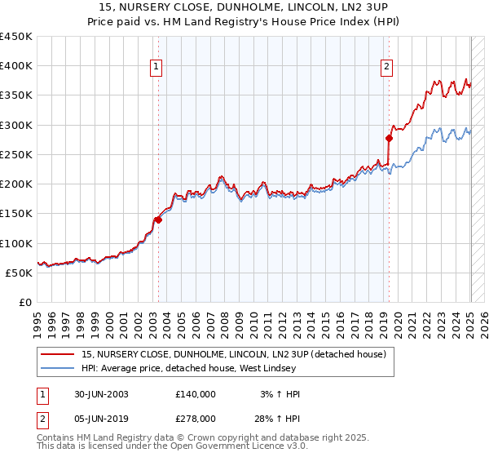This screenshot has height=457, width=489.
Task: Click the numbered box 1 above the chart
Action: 156,68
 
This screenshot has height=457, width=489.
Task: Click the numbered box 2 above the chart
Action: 386,68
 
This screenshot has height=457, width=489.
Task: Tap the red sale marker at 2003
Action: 158,220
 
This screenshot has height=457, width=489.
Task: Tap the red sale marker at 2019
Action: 389,138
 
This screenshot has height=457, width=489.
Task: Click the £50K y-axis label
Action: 20,273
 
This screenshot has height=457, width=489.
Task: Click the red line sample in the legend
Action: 58,353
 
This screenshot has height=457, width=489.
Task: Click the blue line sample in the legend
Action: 58,367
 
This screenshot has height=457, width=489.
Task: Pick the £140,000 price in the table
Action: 196,394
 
